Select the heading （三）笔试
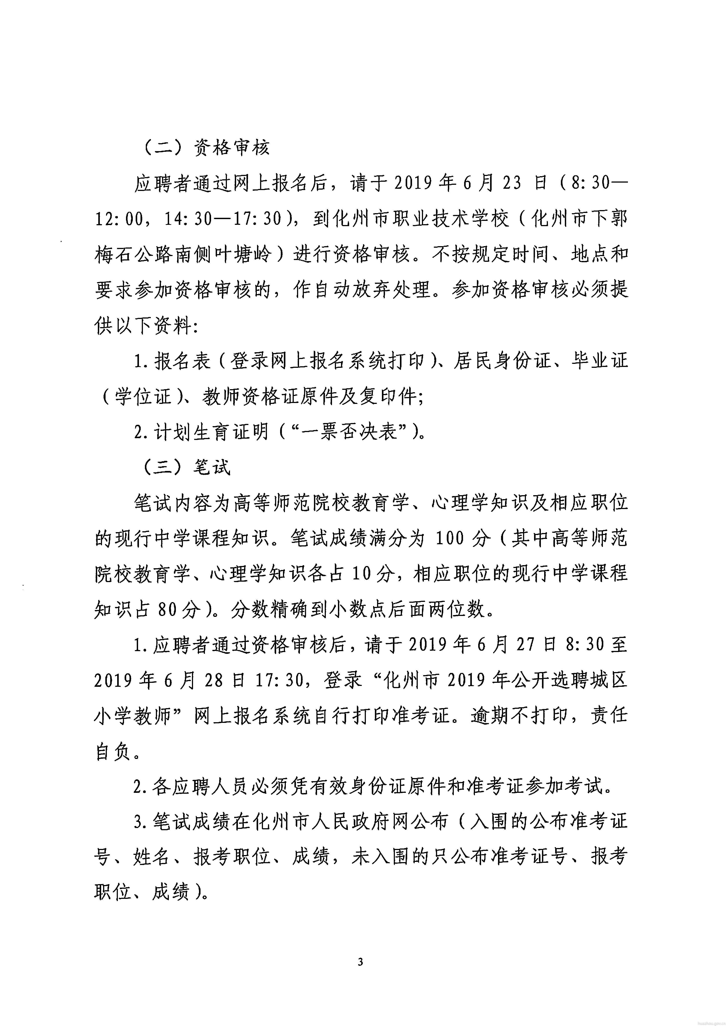click(186, 467)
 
